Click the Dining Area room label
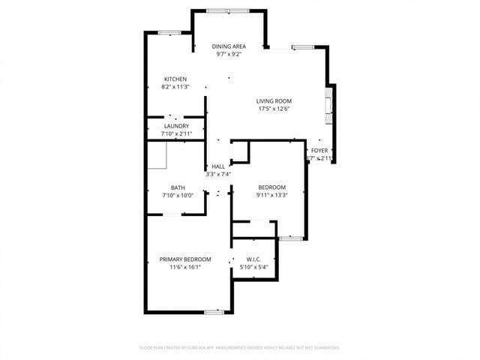(x=229, y=46)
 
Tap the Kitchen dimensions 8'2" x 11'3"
(x=175, y=87)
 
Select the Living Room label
(x=274, y=101)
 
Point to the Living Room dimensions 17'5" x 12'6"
(x=274, y=109)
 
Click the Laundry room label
(x=176, y=126)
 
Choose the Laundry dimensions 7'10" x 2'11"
(x=176, y=133)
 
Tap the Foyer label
(x=319, y=151)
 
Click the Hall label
(x=218, y=166)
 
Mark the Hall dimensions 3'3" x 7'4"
(x=218, y=174)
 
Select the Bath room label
(x=178, y=188)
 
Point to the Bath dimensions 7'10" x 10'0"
(x=178, y=196)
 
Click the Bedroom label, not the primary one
(x=271, y=187)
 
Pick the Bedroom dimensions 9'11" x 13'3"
(x=271, y=195)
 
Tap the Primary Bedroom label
(x=185, y=259)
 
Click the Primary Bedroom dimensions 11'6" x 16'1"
(x=185, y=267)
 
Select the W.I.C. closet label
(x=253, y=259)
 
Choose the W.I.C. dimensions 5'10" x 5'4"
(x=253, y=267)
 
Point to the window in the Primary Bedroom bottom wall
(x=214, y=311)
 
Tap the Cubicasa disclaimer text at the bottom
(x=240, y=348)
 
